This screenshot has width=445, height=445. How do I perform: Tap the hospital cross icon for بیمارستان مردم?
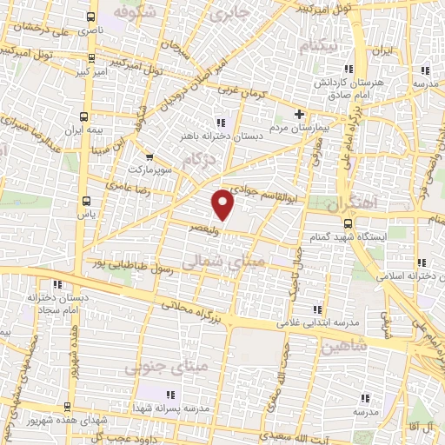pyautogui.click(x=300, y=114)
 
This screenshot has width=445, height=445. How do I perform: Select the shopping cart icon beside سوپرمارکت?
pyautogui.click(x=150, y=157)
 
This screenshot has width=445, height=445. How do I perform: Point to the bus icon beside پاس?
pyautogui.click(x=84, y=199)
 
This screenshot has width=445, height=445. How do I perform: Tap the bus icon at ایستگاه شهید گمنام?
pyautogui.click(x=349, y=223)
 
